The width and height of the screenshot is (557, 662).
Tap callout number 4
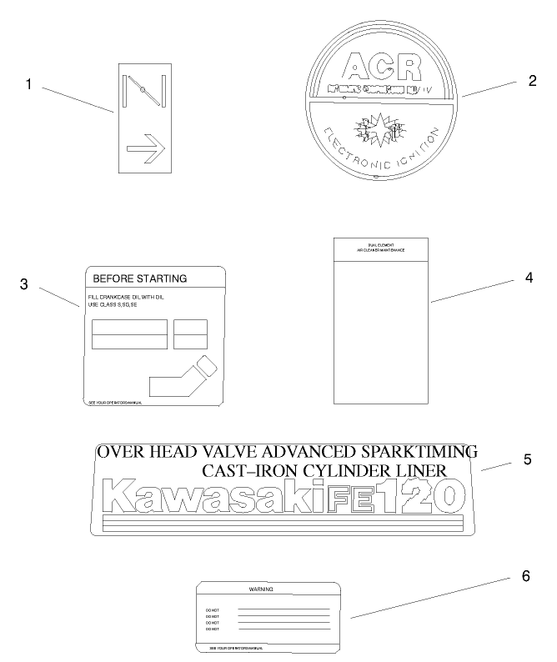pyautogui.click(x=529, y=278)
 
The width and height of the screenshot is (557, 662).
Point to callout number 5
pyautogui.click(x=527, y=459)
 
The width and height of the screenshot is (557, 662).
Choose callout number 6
pyautogui.click(x=525, y=576)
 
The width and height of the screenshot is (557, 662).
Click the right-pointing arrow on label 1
pyautogui.click(x=146, y=149)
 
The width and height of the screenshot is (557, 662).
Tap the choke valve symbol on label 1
pyautogui.click(x=143, y=90)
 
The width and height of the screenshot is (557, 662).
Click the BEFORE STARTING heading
pyautogui.click(x=139, y=278)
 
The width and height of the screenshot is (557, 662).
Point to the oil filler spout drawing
pyautogui.click(x=182, y=376)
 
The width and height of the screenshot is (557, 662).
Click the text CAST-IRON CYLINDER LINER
pyautogui.click(x=324, y=471)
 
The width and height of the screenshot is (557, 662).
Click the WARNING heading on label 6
pyautogui.click(x=261, y=589)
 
